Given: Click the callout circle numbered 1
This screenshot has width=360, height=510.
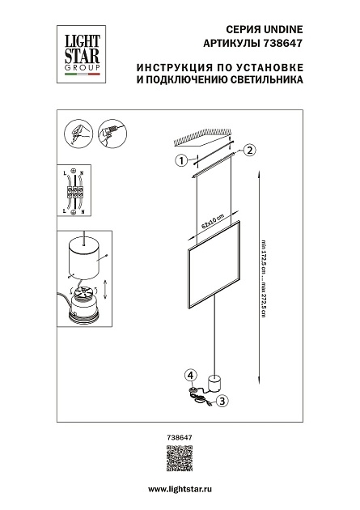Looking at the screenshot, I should coord(182,159).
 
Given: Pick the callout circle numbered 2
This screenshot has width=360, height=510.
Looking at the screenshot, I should coord(250,149).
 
